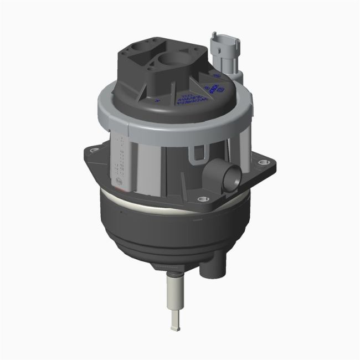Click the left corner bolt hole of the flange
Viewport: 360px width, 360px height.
(92, 150)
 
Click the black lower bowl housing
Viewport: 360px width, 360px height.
(166, 233)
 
